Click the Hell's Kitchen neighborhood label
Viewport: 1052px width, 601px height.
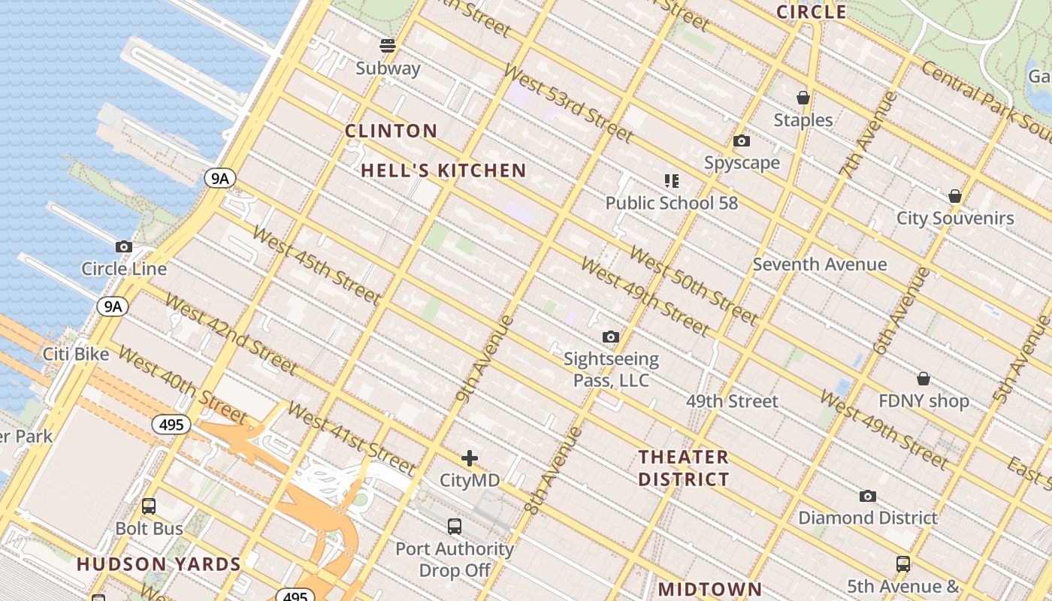coord(443,171)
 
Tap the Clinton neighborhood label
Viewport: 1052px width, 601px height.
coord(391,131)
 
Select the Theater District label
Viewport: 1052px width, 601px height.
coord(683,468)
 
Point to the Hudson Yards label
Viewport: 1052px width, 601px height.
coord(159,564)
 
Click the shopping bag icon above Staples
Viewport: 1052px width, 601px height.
coord(803,98)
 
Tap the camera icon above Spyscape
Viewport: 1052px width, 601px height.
coord(742,141)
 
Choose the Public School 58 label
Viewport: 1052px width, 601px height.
coord(672,203)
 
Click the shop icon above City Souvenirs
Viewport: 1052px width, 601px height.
coord(955,196)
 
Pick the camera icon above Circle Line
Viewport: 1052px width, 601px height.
coord(124,246)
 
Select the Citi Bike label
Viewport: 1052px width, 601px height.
coord(76,354)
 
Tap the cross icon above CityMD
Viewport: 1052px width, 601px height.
coord(470,458)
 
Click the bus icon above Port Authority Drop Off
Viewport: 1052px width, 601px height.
coord(455,527)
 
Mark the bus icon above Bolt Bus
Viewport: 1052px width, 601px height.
coord(149,506)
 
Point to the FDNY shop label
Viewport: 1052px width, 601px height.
coord(924,401)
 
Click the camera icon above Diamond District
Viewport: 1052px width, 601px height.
coord(868,496)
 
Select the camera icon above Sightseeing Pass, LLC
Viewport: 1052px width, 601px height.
coord(611,337)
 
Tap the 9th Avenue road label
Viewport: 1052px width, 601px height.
coord(485,359)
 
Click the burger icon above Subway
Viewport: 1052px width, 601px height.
coord(388,46)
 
